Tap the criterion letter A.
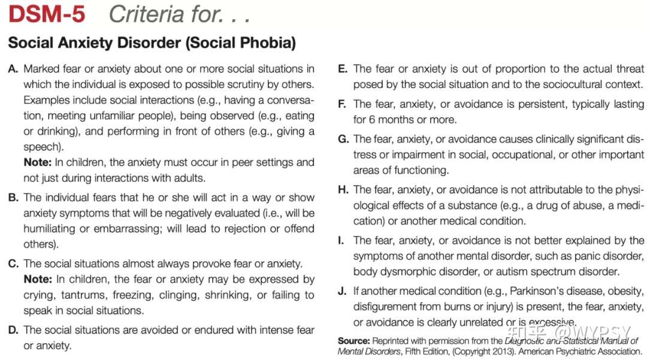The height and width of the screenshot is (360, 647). [13, 69]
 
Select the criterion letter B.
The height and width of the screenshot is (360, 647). [13, 198]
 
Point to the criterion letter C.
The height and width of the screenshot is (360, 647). [13, 264]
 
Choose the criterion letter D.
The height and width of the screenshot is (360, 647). [13, 330]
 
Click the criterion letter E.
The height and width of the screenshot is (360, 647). [342, 69]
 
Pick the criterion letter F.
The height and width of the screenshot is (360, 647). [342, 104]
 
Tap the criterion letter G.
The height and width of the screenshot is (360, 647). [343, 139]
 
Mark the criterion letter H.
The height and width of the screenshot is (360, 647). [343, 190]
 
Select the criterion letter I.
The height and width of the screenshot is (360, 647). [341, 241]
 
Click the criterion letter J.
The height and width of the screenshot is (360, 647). [341, 292]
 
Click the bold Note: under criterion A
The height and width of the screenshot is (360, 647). [37, 162]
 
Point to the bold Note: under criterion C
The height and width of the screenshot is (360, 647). [37, 279]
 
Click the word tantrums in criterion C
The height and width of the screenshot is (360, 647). [87, 295]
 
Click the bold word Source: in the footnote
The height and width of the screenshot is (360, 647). [353, 341]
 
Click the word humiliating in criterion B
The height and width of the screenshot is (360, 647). [49, 229]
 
